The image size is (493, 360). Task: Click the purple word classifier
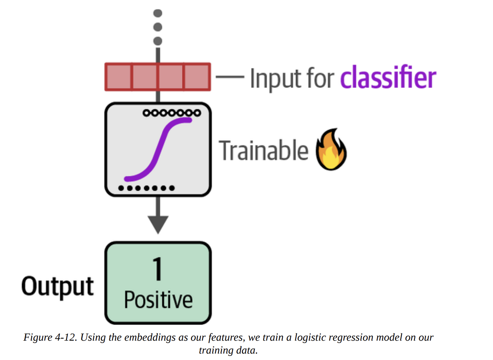(388, 77)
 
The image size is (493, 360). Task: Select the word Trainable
(264, 151)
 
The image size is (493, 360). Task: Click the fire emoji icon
(331, 150)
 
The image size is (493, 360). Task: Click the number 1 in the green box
(158, 269)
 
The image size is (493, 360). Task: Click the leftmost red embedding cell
(118, 77)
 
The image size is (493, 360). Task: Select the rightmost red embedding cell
(197, 77)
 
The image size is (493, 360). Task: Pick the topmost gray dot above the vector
(158, 13)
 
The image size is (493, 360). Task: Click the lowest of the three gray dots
(158, 41)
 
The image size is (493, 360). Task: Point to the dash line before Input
(230, 77)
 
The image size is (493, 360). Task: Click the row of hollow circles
(172, 113)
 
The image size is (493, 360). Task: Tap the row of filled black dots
(146, 188)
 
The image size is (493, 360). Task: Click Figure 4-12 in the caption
(50, 337)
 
